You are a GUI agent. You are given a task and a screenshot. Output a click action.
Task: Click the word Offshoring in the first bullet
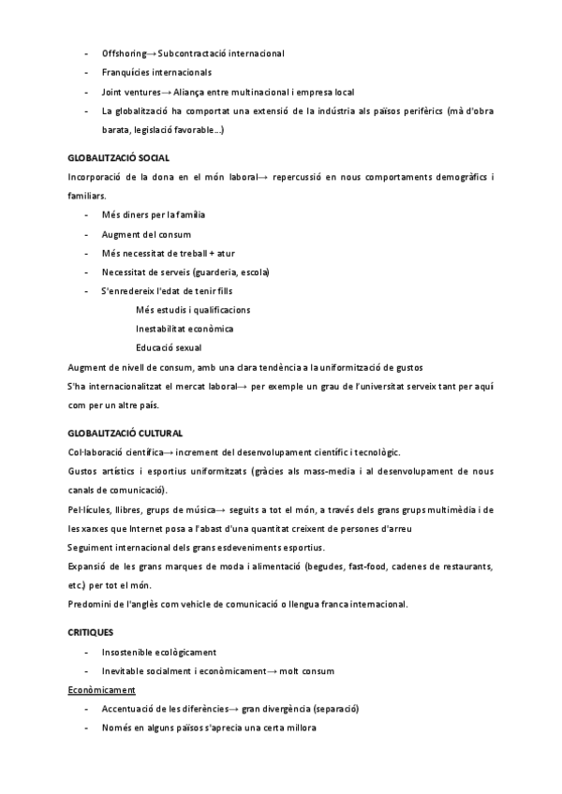124,52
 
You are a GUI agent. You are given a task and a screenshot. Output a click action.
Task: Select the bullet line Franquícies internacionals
156,72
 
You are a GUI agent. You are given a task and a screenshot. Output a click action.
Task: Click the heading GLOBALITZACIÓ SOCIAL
119,157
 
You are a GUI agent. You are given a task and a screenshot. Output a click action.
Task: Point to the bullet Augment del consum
146,234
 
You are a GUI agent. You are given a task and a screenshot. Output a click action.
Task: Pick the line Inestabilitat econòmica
185,329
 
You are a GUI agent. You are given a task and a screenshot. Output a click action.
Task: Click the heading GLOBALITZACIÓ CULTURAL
126,433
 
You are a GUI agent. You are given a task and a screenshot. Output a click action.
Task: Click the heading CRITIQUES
91,632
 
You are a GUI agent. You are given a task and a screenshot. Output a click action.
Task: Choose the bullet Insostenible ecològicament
159,652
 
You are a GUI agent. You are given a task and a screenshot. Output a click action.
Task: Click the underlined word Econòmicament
102,689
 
